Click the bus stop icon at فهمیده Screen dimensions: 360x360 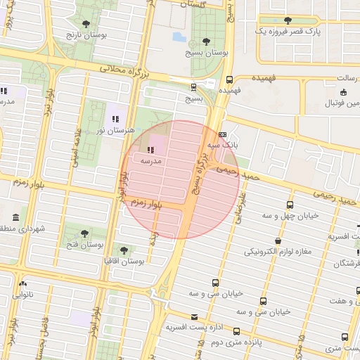coord(230,79)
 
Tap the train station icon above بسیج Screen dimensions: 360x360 coord(194,87)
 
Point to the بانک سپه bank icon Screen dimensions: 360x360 coord(223,134)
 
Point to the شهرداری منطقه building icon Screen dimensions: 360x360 coord(17,216)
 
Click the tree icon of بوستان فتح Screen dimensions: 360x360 coord(84,233)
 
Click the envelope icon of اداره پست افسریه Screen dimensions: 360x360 coord(195,316)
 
